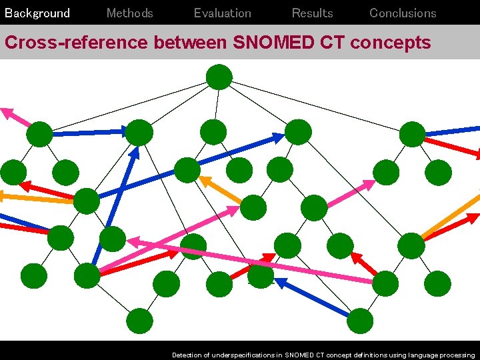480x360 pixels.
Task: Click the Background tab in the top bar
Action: point(37,13)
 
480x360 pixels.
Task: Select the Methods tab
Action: point(129,13)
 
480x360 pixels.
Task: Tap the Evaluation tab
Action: point(222,13)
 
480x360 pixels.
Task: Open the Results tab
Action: point(312,13)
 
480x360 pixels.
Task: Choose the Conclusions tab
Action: point(403,13)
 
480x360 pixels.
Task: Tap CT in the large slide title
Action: point(333,43)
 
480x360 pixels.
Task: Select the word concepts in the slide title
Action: point(391,43)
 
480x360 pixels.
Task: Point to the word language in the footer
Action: point(421,355)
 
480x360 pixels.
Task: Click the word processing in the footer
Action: point(459,355)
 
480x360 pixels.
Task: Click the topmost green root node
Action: point(219,77)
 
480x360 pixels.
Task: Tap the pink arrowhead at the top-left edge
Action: point(7,113)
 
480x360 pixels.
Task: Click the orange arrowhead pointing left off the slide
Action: point(3,196)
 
